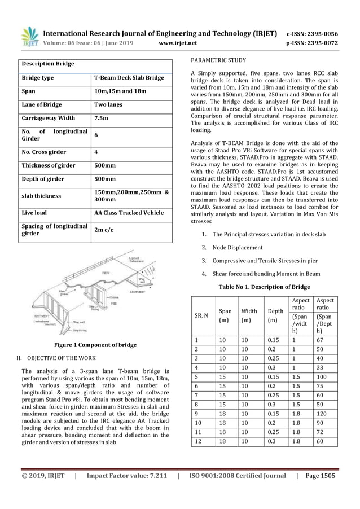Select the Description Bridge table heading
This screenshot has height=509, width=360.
point(48,64)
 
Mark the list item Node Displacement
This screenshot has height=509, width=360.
point(238,247)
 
